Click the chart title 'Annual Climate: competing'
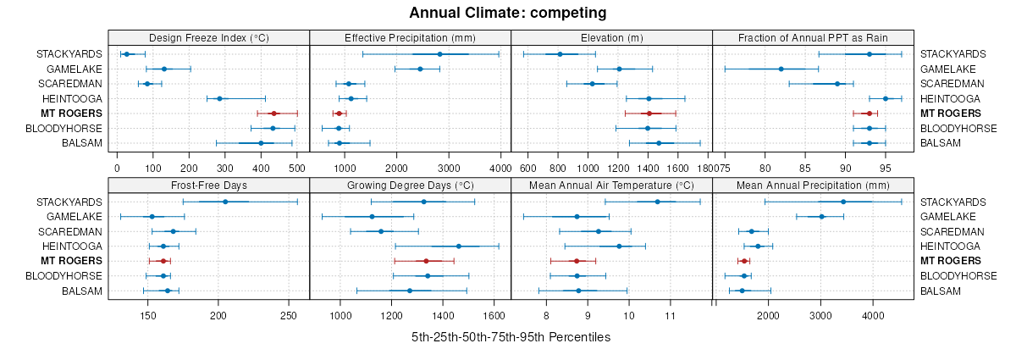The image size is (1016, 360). (508, 13)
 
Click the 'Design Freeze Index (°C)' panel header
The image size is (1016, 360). (208, 37)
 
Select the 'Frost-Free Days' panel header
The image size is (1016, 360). (208, 186)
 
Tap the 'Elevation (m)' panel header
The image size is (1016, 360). (611, 37)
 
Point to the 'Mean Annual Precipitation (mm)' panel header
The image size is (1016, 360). (813, 186)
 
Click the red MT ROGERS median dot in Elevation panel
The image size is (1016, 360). (649, 113)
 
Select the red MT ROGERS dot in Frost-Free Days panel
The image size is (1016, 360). (163, 261)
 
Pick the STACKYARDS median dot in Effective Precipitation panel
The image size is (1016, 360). (439, 54)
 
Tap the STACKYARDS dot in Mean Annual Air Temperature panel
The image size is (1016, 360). (658, 202)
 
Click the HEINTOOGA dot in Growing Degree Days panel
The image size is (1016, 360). (459, 246)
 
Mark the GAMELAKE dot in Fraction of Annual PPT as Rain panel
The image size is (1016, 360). (781, 69)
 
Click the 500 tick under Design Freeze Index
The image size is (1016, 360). (297, 155)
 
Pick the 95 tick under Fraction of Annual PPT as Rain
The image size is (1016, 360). (885, 155)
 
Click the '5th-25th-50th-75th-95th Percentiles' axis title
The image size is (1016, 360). (511, 337)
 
